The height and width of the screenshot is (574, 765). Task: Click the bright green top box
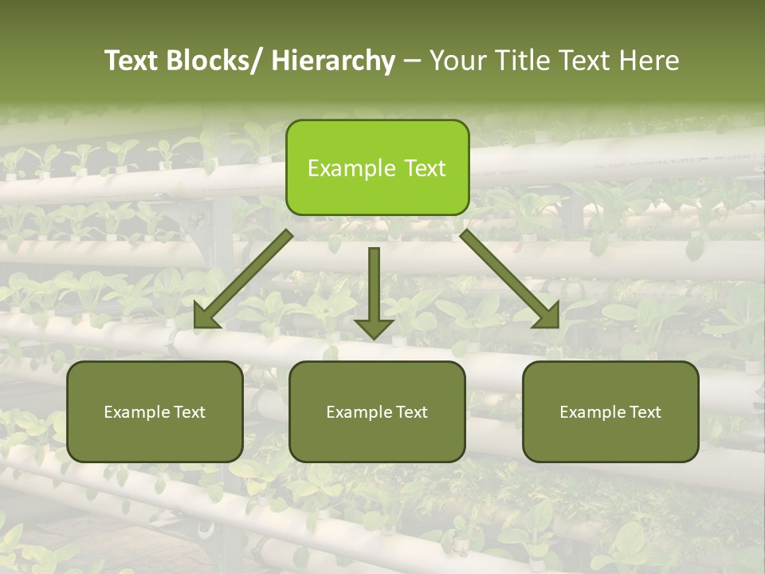tap(377, 167)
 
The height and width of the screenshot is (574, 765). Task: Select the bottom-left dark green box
tap(155, 411)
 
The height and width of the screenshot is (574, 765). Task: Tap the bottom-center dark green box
tap(377, 411)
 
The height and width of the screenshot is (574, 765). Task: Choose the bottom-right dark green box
tap(610, 411)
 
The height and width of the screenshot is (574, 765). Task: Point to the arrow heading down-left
tap(243, 279)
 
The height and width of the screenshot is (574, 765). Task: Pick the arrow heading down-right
tap(510, 279)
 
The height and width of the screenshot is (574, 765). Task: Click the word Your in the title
tap(457, 61)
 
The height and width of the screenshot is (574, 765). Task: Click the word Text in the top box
tap(424, 168)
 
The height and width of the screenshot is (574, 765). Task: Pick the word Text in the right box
tap(644, 412)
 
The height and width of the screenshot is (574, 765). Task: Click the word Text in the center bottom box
tap(410, 412)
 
